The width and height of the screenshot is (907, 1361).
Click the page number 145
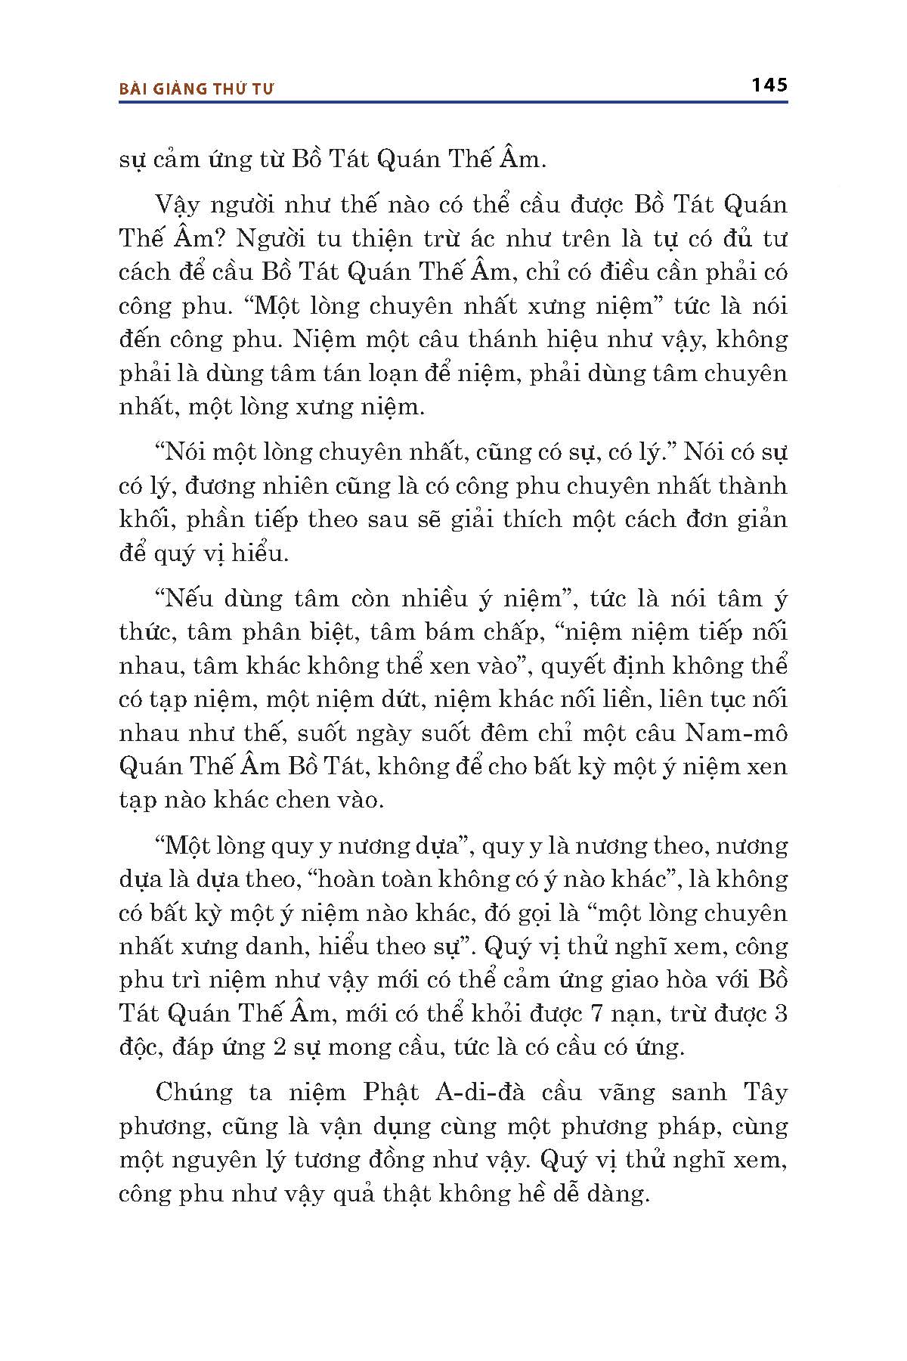tap(769, 85)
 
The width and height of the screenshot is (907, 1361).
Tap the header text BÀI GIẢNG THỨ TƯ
tap(197, 88)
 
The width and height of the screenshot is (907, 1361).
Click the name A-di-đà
tap(486, 1093)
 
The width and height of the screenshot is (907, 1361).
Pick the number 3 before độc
tap(781, 1013)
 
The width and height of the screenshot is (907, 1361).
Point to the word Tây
tap(765, 1093)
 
